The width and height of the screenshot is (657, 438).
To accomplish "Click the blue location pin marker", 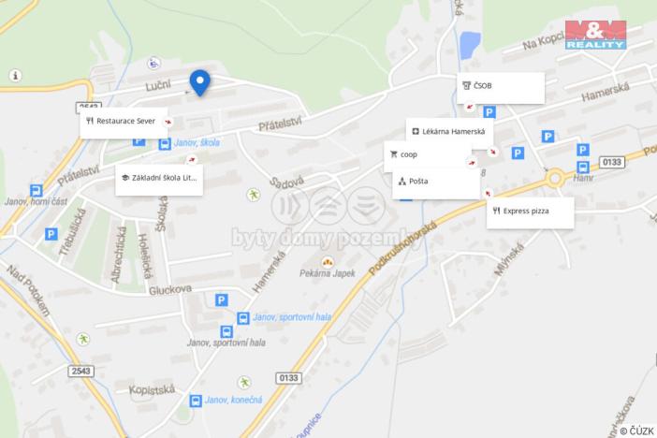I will point(199,82).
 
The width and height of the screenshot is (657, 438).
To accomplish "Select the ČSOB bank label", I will point(502,87).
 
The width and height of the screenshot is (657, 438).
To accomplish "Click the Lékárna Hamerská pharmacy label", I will point(449,133).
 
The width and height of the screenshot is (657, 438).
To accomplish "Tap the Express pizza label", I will point(530,212).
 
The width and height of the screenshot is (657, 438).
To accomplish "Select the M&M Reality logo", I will point(598,35).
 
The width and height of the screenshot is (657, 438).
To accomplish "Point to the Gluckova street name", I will point(168,290).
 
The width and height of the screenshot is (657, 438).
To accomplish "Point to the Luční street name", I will point(157,86).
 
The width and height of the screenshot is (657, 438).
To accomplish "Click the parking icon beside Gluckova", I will point(222,300).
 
